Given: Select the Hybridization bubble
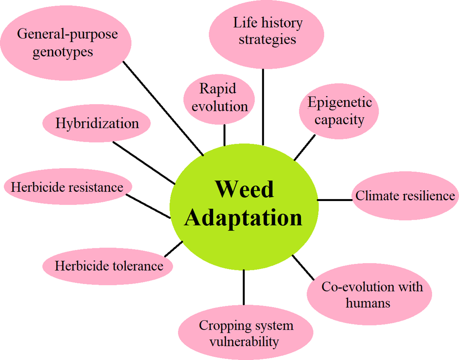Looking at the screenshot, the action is pyautogui.click(x=96, y=123).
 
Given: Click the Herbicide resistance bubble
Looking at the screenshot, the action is pyautogui.click(x=68, y=187).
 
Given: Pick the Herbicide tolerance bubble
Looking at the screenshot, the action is pyautogui.click(x=108, y=266).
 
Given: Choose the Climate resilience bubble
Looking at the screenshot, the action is pyautogui.click(x=405, y=196).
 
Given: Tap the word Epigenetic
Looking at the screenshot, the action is pyautogui.click(x=340, y=102).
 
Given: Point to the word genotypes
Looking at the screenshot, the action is pyautogui.click(x=63, y=52).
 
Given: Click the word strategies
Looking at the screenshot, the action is pyautogui.click(x=267, y=39).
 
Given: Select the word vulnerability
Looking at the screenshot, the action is pyautogui.click(x=244, y=342).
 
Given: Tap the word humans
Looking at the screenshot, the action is pyautogui.click(x=368, y=303).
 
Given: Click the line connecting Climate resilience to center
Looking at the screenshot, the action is pyautogui.click(x=335, y=200).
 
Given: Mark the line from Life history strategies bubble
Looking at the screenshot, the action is pyautogui.click(x=263, y=107).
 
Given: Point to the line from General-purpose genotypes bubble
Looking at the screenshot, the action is pyautogui.click(x=163, y=108).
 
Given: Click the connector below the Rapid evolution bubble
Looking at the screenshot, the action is pyautogui.click(x=225, y=135).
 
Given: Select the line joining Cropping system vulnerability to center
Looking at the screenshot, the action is pyautogui.click(x=243, y=287).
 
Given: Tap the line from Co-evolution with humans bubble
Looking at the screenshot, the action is pyautogui.click(x=303, y=267).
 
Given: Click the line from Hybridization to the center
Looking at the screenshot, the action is pyautogui.click(x=144, y=163).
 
